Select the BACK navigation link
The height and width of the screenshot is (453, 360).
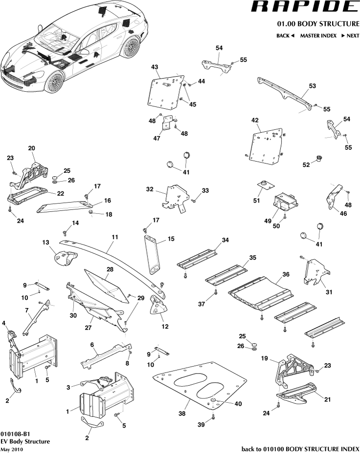285,36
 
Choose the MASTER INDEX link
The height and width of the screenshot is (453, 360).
318,36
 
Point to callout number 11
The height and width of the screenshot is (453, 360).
115,237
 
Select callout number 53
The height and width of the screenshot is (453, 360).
312,85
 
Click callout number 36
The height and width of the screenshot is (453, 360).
286,274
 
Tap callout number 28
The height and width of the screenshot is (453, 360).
110,269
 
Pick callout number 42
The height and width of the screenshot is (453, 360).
254,120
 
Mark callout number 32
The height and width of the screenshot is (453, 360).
149,188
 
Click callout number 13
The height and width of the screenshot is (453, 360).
46,242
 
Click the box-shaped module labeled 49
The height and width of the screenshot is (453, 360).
285,202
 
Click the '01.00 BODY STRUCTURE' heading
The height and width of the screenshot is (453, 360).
318,23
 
